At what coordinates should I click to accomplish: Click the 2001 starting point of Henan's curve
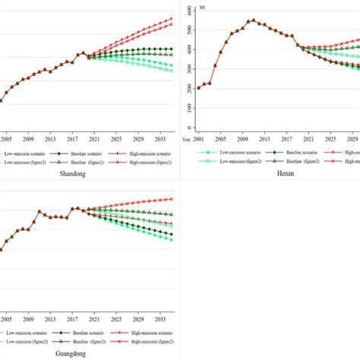click(199, 87)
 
